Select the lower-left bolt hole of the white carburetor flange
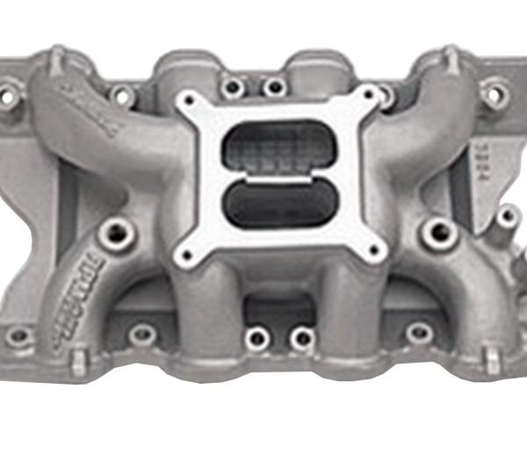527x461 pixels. (185, 256)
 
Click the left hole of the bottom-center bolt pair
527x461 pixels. (257, 338)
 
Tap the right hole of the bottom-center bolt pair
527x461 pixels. (301, 338)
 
